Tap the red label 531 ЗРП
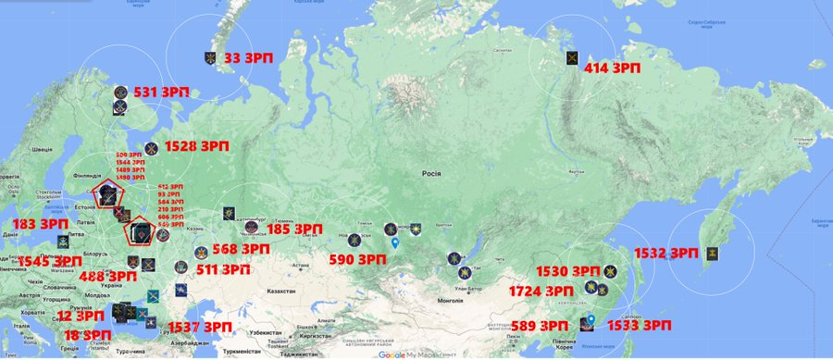tap(158, 93)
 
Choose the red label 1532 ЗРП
tap(665, 252)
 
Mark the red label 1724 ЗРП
tap(541, 291)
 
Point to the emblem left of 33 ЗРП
tap(214, 57)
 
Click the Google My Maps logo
tap(404, 354)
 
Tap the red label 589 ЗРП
tap(541, 326)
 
